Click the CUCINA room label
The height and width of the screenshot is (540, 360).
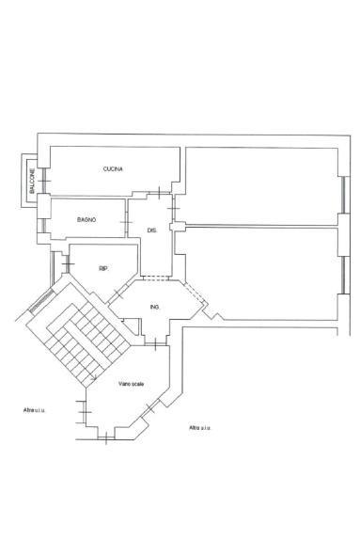tap(113, 169)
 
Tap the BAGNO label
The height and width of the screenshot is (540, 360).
tap(86, 220)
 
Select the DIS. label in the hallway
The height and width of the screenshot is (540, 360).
tap(152, 230)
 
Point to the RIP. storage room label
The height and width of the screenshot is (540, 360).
tap(103, 269)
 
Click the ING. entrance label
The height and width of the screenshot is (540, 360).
tap(155, 307)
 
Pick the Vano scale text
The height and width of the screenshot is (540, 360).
tap(132, 384)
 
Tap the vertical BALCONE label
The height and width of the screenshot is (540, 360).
tap(32, 181)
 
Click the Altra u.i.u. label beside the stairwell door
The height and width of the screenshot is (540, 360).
tap(34, 410)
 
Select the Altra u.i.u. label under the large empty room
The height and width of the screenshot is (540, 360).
tap(200, 428)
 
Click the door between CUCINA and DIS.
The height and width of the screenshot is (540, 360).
tap(159, 193)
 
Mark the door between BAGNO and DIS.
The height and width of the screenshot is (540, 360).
tap(126, 222)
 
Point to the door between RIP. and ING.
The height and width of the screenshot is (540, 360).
tap(117, 294)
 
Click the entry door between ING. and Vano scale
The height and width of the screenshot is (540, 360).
tap(155, 343)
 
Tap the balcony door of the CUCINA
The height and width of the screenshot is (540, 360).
tap(44, 182)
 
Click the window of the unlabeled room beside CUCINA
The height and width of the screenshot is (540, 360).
tap(344, 195)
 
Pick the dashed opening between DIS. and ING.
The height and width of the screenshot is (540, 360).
tap(155, 278)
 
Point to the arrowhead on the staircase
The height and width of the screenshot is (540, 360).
tap(94, 378)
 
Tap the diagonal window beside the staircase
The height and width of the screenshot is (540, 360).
tap(41, 301)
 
